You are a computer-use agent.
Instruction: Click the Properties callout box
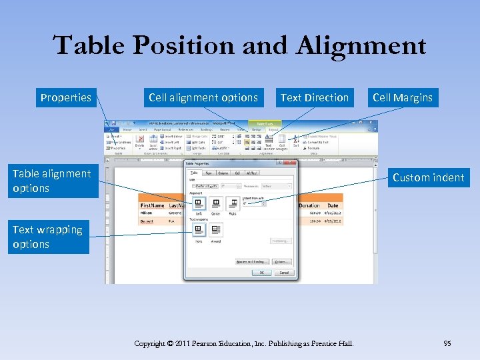(x=65, y=97)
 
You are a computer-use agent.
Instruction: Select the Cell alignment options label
(x=203, y=97)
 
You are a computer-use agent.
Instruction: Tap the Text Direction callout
(x=314, y=97)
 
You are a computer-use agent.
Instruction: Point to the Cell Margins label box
(x=402, y=97)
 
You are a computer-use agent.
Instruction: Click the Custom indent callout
(x=428, y=177)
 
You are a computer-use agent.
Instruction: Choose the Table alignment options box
(x=51, y=181)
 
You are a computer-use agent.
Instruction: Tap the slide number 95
(x=447, y=343)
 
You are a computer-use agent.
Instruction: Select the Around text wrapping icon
(x=215, y=231)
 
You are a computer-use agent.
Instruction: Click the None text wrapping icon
(x=198, y=231)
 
